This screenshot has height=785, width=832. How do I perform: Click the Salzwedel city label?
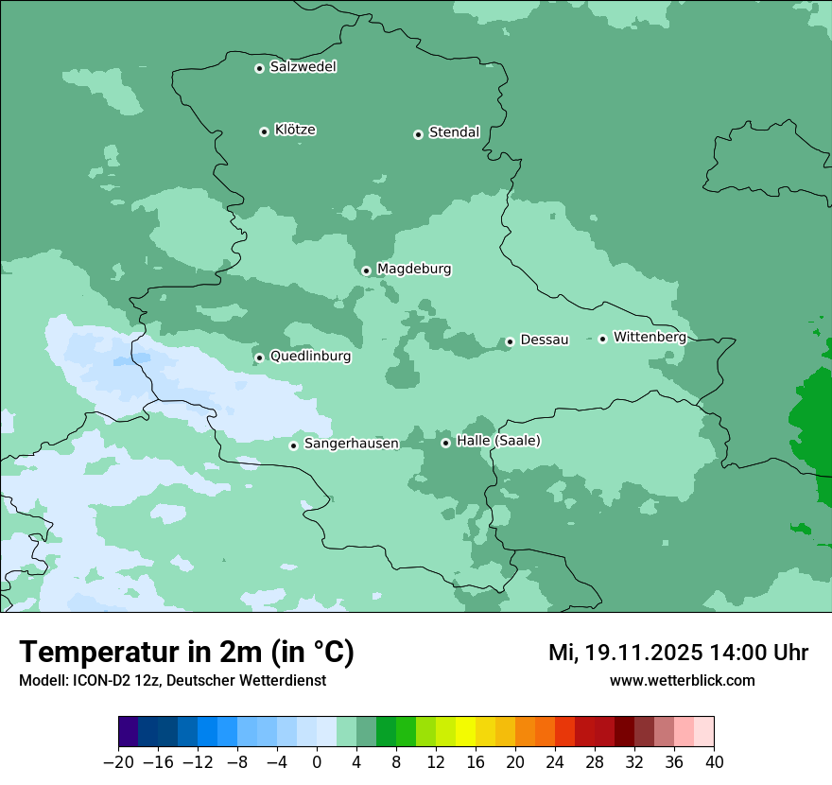(303, 67)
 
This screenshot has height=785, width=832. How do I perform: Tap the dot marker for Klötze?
(264, 131)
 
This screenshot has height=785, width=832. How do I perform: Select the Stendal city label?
(454, 132)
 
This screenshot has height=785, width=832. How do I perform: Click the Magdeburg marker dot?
(366, 270)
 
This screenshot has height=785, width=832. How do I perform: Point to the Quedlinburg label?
(310, 357)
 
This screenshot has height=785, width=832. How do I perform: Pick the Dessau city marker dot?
(510, 341)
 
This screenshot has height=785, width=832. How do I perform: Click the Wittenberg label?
(649, 337)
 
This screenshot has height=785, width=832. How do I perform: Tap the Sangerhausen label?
(351, 444)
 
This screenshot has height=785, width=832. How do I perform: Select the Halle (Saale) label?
(498, 441)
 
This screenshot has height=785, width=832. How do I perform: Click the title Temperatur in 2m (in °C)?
(186, 653)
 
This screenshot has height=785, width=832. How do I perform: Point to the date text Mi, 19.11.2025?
(623, 653)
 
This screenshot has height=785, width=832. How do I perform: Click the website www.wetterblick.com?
(682, 681)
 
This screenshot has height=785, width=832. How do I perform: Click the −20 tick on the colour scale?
(118, 762)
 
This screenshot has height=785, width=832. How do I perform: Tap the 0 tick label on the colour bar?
(317, 762)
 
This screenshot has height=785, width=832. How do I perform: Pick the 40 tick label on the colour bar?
(714, 762)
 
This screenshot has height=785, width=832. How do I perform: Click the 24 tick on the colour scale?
(555, 762)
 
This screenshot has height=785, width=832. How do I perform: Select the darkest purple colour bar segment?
(129, 732)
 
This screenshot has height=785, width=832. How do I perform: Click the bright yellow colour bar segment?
(465, 732)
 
